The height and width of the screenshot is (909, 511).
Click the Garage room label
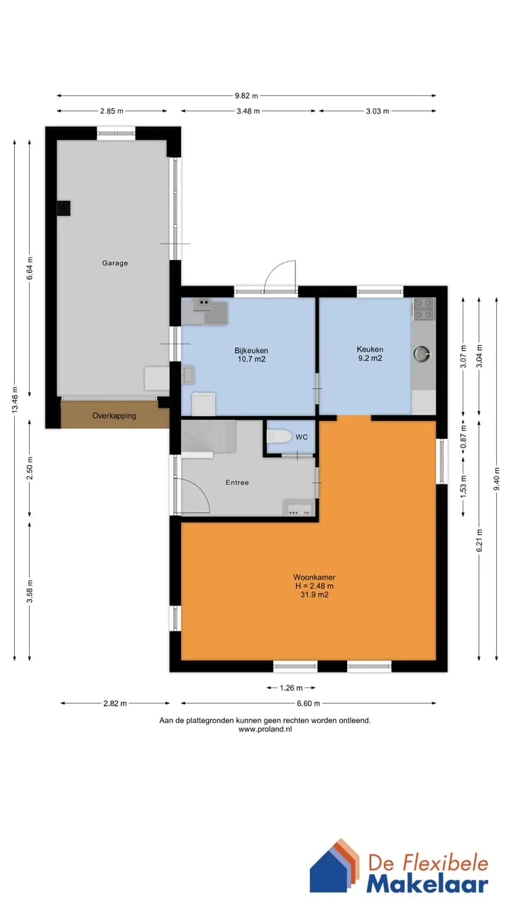point(115,263)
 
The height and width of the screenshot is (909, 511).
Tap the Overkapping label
point(114,415)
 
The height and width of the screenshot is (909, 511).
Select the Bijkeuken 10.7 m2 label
point(251,354)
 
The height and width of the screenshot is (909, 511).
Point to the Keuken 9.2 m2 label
point(370,354)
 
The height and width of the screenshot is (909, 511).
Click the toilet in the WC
point(279,437)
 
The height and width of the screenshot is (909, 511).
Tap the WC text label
point(302,437)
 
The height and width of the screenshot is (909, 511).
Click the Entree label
point(237,482)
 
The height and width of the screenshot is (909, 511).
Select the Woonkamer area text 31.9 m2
point(314,595)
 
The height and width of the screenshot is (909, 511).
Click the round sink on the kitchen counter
point(422,354)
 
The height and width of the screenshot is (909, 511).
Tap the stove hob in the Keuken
point(424,308)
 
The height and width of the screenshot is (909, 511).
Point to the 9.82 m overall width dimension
point(246,96)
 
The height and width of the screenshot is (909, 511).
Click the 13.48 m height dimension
point(15,400)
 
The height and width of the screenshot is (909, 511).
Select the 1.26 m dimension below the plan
point(291,688)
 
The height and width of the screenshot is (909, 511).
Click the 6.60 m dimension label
point(309,703)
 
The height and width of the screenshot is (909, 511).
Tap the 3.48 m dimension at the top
point(248,111)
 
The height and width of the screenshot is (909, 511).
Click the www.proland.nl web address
point(265,729)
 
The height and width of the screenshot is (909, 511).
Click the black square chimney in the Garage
point(63,208)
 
